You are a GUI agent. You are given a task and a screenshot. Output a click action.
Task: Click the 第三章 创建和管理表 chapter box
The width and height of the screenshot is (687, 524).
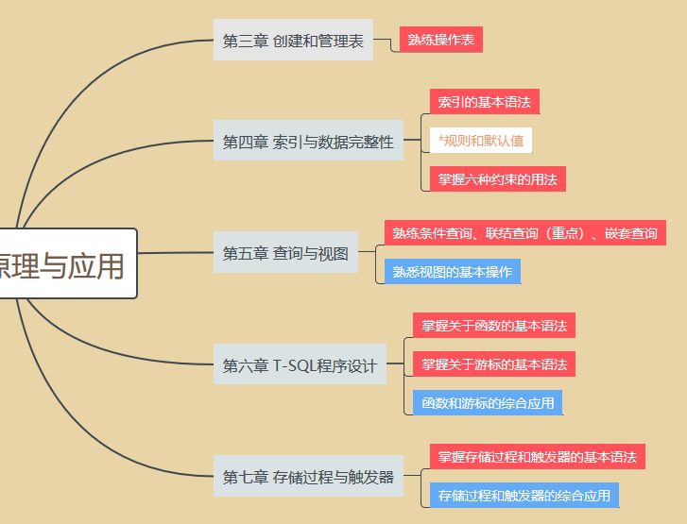pos(293,41)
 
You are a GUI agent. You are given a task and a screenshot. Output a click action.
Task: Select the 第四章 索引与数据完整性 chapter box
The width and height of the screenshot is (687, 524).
pos(308,143)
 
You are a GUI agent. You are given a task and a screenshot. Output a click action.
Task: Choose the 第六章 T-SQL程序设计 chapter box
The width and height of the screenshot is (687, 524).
pos(300,365)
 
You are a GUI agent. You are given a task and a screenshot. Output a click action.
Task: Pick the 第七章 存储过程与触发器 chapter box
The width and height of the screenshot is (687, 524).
pos(308,477)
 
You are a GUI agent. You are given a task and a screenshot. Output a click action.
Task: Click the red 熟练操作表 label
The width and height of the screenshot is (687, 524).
pos(441,40)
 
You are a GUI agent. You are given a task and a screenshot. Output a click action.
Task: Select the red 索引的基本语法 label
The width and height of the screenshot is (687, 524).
pos(484,101)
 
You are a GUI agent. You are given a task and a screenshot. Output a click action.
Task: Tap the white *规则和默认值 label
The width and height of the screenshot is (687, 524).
pos(481,141)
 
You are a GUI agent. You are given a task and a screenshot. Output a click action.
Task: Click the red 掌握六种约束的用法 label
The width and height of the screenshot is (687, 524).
pos(497,178)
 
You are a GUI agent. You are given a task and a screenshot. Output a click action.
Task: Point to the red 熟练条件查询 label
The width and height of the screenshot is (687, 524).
pos(524,232)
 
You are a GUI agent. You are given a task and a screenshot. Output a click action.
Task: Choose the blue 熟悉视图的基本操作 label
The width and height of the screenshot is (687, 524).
pos(453,272)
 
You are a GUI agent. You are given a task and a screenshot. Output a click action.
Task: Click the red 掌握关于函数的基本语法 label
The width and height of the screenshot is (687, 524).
pos(494,326)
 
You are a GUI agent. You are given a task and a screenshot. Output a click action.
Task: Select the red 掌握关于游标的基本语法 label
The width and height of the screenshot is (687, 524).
pos(494,363)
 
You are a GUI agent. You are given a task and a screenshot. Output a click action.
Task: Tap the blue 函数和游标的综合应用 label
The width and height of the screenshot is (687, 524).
pos(488,403)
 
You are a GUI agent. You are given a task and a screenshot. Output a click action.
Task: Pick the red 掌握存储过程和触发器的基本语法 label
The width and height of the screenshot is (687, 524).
pos(537,456)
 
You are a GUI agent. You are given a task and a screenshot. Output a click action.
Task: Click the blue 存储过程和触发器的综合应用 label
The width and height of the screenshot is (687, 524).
pos(524,496)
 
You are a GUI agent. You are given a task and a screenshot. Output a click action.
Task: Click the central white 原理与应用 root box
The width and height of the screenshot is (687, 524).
pos(66,265)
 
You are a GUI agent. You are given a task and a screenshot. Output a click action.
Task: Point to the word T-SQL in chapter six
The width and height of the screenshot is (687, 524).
pos(294,365)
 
